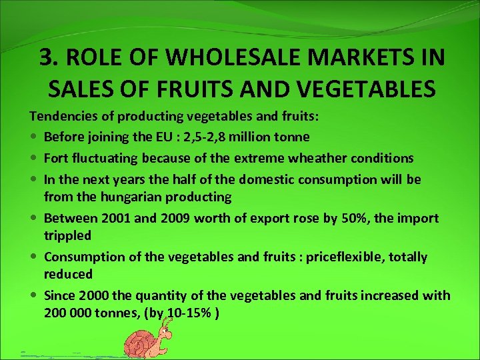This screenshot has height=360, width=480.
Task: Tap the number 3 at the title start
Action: tap(46, 59)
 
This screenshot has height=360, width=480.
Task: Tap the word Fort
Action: tap(56, 159)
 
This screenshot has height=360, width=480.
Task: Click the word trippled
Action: tap(67, 236)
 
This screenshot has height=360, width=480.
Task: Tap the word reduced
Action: tap(68, 275)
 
